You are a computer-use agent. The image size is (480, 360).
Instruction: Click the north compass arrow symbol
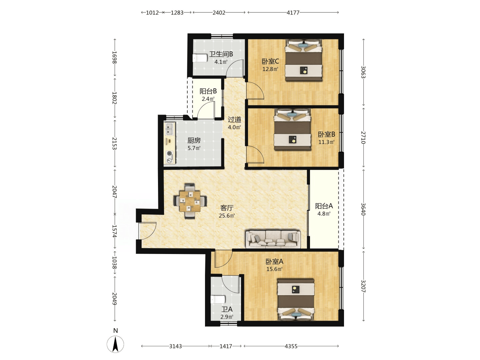coord(115,344)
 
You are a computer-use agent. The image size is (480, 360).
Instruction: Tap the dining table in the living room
coord(190,201)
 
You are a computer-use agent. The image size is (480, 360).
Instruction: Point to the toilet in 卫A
coord(218,299)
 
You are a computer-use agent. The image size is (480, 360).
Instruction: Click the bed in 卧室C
coord(304,60)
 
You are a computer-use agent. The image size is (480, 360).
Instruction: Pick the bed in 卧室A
coord(296,300)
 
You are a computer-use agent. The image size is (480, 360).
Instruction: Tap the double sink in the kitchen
coord(170,129)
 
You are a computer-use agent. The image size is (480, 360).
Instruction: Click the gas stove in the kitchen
coord(170,157)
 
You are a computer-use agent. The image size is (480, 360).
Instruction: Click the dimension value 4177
coord(293,13)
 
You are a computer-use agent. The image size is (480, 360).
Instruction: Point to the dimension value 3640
coord(363,209)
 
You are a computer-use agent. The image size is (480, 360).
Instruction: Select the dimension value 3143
coord(175,346)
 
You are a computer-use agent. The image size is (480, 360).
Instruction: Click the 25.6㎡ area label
coord(227,216)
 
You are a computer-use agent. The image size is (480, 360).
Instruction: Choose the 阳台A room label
coord(324,206)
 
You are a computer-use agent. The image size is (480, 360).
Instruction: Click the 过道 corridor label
coord(234,120)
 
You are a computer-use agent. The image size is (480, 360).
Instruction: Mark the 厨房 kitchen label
coord(194,140)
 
